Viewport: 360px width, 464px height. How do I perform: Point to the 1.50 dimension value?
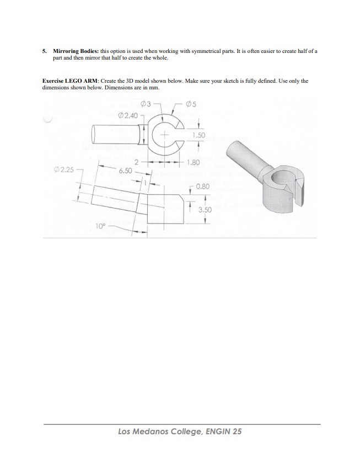[199, 135]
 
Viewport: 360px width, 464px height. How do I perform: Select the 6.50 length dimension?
[125, 171]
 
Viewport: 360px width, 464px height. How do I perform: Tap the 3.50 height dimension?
[205, 210]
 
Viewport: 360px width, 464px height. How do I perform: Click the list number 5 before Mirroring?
[44, 51]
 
